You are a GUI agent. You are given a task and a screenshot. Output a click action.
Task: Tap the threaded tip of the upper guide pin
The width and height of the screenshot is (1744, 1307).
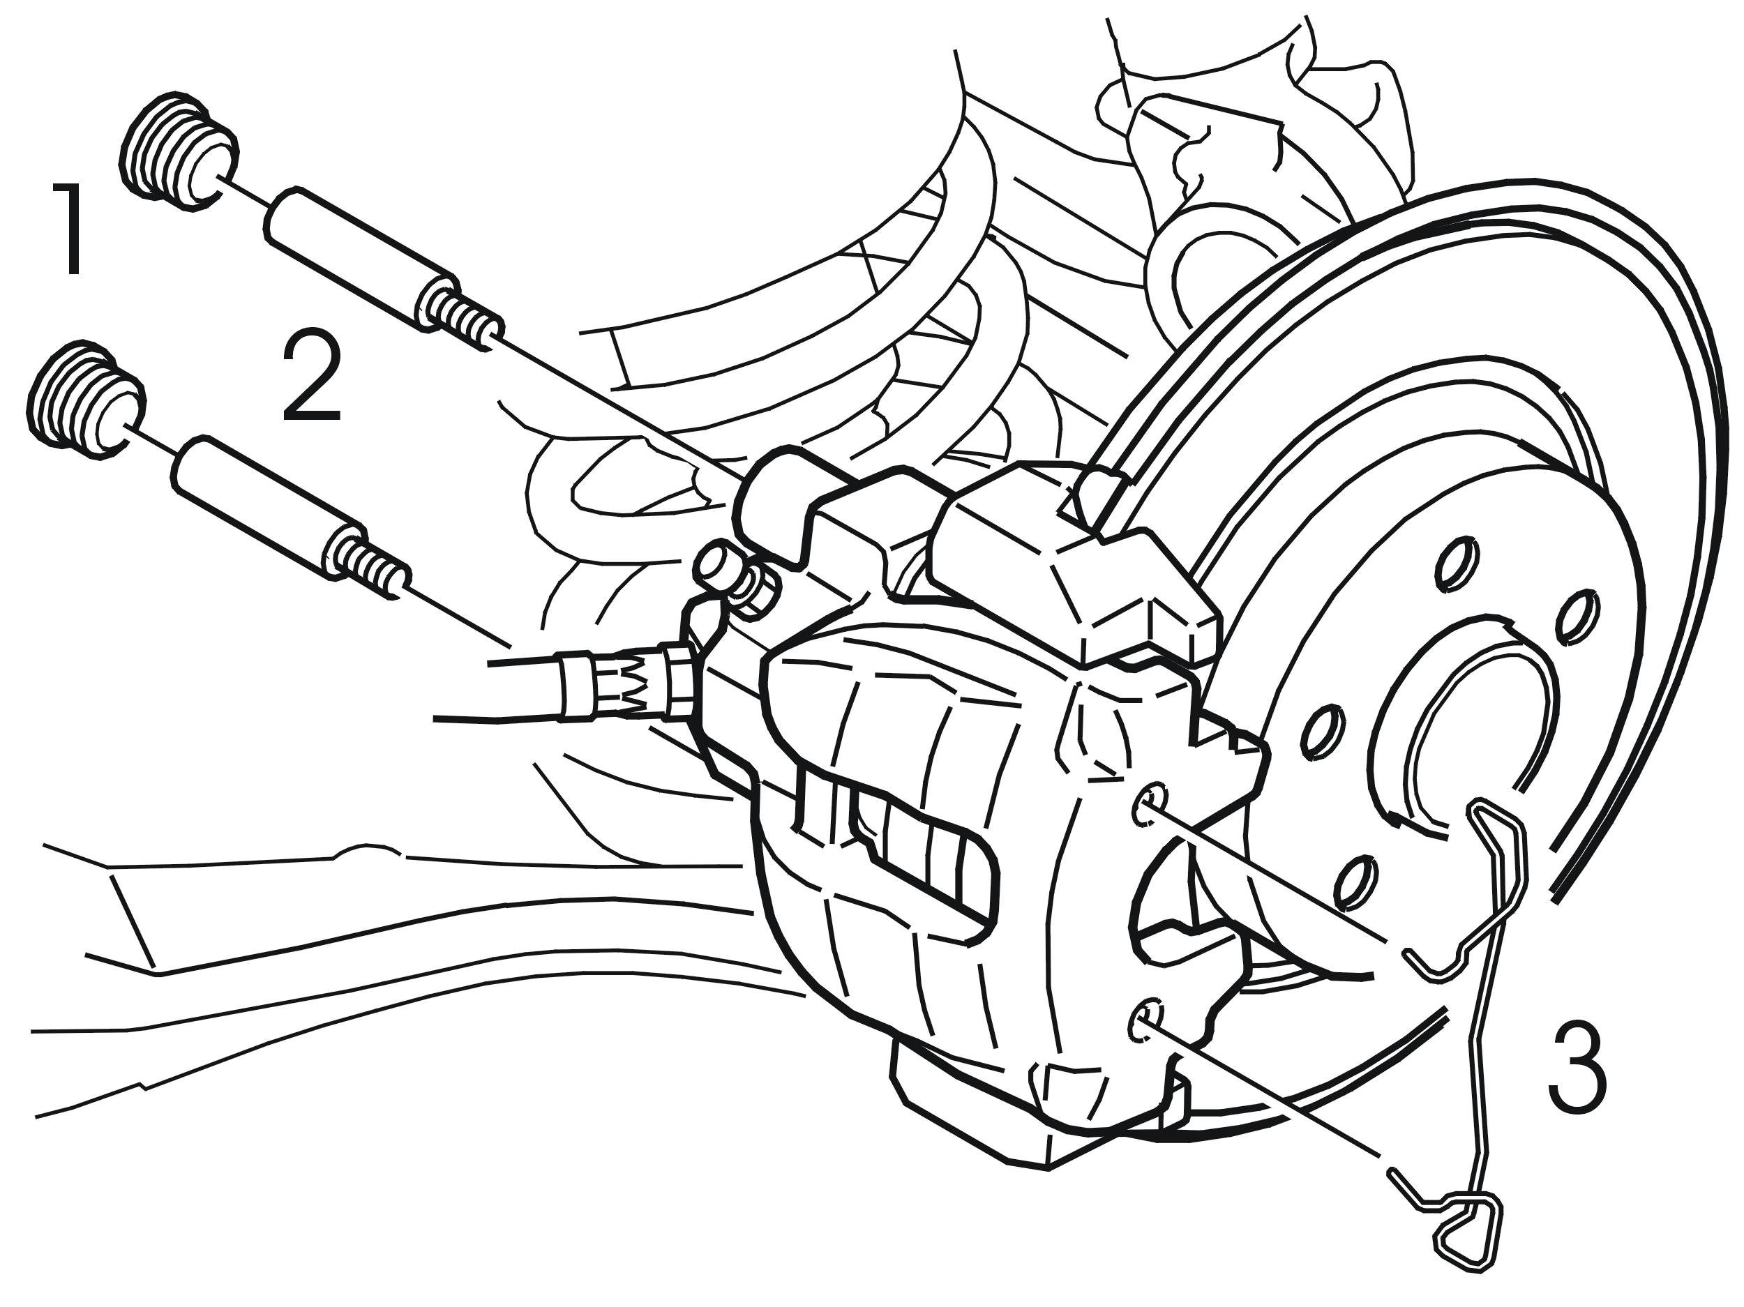pyautogui.click(x=460, y=319)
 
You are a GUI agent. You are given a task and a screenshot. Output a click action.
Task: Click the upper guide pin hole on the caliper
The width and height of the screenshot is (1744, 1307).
pyautogui.click(x=1149, y=805)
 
